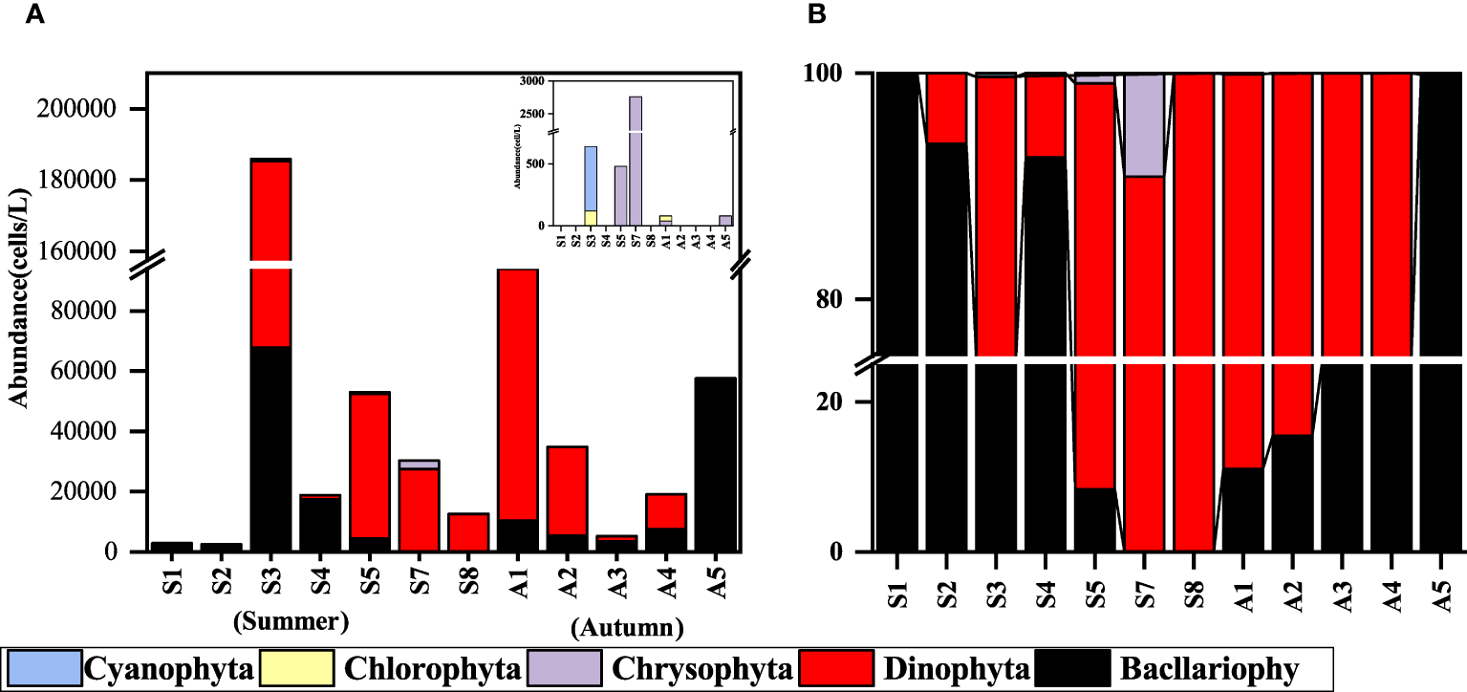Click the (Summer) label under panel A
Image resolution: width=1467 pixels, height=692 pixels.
(290, 622)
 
